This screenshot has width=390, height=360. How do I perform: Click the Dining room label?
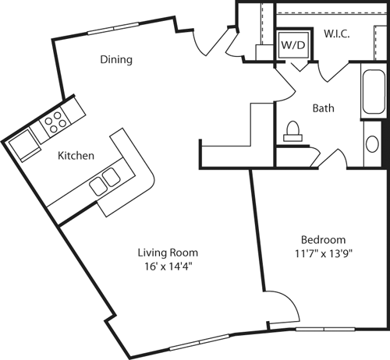[x=115, y=60]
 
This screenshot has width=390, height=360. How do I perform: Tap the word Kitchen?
[x=76, y=156]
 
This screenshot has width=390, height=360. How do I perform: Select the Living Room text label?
[x=167, y=252]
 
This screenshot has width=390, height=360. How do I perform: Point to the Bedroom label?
[x=322, y=239]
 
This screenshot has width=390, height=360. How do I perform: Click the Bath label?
[x=324, y=108]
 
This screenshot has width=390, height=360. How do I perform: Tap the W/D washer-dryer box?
[x=294, y=44]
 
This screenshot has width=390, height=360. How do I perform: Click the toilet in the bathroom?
[x=295, y=130]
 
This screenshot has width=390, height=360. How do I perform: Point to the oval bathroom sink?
[x=371, y=144]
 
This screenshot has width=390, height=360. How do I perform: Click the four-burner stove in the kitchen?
[x=55, y=121]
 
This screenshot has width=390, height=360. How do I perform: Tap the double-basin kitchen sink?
[x=105, y=182]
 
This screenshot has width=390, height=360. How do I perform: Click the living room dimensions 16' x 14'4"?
[x=167, y=266]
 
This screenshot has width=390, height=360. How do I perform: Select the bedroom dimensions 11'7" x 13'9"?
[x=322, y=253]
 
